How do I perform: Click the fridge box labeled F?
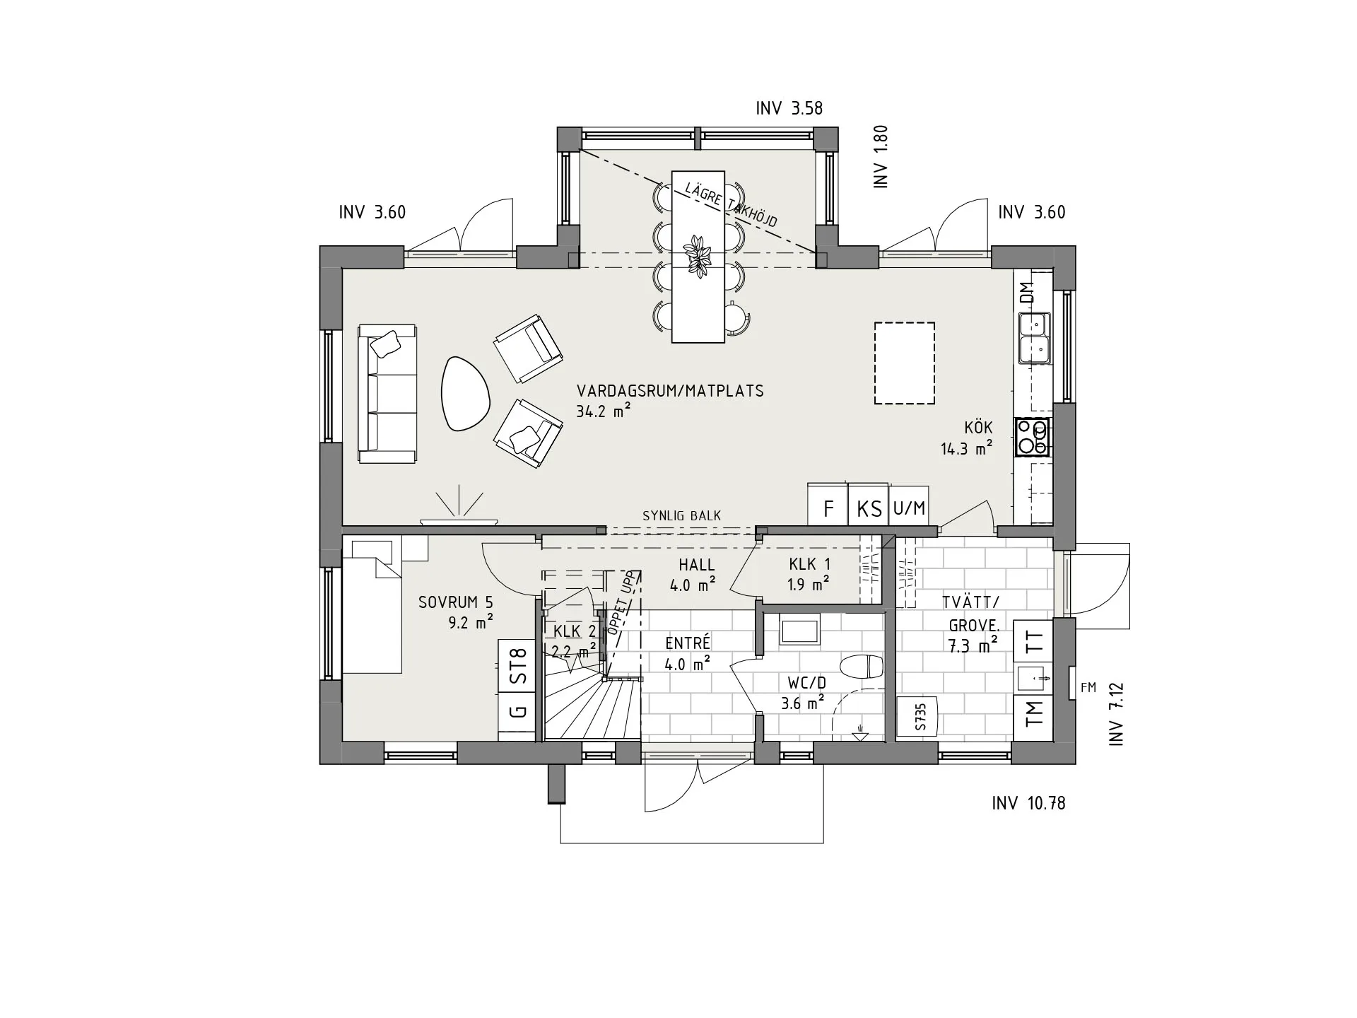[x=828, y=505]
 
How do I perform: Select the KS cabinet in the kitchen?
[x=868, y=505]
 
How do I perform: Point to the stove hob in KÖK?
[x=1032, y=438]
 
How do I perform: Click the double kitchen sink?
[x=1035, y=338]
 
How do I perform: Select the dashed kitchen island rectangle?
[x=904, y=363]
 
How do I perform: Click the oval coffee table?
[x=464, y=394]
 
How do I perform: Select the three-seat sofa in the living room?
[x=387, y=394]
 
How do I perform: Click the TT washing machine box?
[x=1033, y=641]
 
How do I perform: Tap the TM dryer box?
[x=1033, y=714]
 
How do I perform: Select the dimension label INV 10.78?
[x=1028, y=804]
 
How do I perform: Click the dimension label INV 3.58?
[x=789, y=109]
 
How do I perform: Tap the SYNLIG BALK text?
[x=681, y=516]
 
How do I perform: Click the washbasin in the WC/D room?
[x=799, y=630]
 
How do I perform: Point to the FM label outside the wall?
[x=1088, y=687]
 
